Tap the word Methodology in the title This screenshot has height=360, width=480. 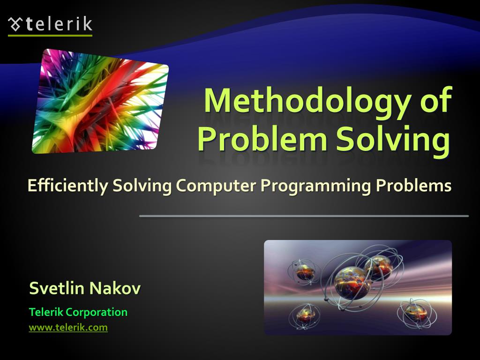click(x=300, y=100)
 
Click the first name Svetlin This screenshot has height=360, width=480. click(x=57, y=288)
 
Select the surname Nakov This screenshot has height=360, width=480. click(x=115, y=288)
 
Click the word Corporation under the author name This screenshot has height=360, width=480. click(x=97, y=312)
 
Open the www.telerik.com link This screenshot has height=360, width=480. click(x=68, y=328)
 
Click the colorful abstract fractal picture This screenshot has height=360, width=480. click(x=100, y=101)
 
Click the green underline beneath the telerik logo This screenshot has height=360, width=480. click(x=50, y=35)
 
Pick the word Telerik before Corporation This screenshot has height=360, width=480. click(x=46, y=312)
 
